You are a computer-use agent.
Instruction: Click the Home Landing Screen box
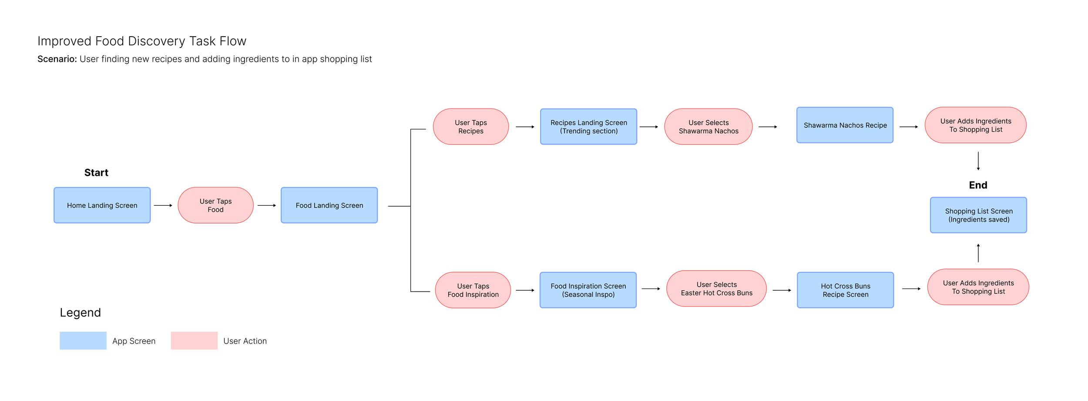tap(102, 205)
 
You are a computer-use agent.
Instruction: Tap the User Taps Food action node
tap(215, 205)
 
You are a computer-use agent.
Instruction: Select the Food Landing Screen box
tap(329, 205)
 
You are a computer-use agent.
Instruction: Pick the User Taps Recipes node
tap(471, 126)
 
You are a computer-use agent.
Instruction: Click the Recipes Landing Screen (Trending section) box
tap(588, 126)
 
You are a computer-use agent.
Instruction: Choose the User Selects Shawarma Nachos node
tap(709, 126)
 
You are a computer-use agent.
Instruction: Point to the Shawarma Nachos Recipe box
tap(845, 125)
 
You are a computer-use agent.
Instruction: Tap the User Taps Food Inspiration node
tap(473, 290)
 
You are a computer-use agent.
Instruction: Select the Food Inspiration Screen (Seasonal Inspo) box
tap(588, 290)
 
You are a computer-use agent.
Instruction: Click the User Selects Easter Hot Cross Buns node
tap(716, 289)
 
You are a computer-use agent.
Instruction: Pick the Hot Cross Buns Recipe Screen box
tap(845, 290)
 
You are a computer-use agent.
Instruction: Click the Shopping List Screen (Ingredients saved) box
tap(978, 215)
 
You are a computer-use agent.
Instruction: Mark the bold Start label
tap(96, 173)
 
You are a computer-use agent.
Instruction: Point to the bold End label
tap(978, 185)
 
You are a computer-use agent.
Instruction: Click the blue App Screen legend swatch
tap(83, 340)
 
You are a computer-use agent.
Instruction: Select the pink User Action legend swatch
tap(194, 340)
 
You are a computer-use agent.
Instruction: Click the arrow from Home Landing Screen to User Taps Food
tap(163, 205)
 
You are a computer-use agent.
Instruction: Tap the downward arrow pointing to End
tap(978, 161)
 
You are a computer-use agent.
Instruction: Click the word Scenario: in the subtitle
tap(57, 59)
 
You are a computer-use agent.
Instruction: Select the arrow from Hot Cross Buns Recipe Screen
tap(911, 289)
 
